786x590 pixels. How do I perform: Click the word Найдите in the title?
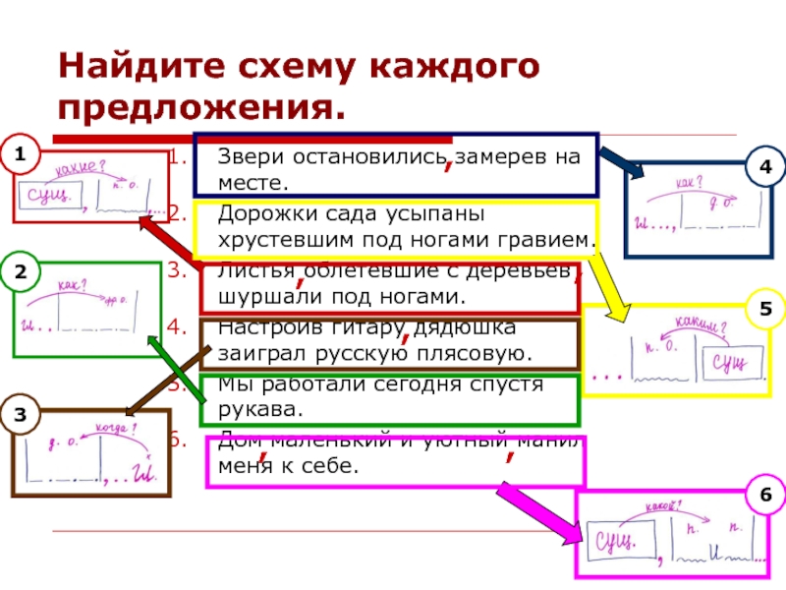point(141,68)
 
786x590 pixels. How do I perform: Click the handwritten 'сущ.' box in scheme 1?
point(47,194)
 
